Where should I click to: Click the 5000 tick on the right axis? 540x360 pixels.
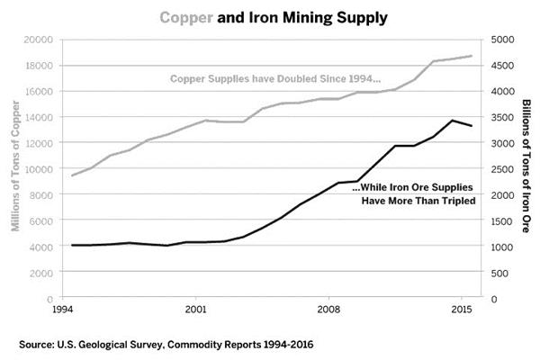(502, 40)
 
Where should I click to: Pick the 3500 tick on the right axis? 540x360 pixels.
(502, 117)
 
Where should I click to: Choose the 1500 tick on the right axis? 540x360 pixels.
(502, 220)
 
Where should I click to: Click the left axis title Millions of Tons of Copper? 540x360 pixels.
(15, 169)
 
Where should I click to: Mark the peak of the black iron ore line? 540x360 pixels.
(453, 120)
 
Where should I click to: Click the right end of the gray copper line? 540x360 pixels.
(472, 56)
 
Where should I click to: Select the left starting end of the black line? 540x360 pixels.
(70, 245)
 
